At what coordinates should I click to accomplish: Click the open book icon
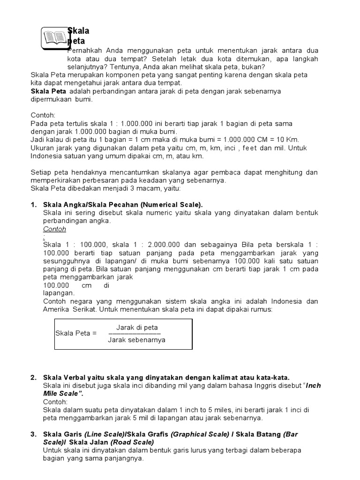coord(55,37)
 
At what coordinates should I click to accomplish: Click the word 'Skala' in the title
coord(79,31)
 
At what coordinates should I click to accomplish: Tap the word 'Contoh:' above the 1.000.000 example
coord(43,114)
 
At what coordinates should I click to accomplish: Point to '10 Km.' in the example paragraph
coord(289,139)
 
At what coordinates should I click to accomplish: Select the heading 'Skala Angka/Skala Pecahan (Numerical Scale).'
coord(123,205)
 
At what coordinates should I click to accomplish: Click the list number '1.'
coord(33,205)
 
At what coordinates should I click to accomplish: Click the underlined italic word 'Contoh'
coord(55,229)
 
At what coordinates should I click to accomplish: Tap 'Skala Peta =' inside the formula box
coord(76,333)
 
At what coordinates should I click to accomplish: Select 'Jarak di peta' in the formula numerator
coord(137,327)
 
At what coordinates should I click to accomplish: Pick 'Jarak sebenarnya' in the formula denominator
coord(136,340)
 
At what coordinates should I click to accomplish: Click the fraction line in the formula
coord(137,333)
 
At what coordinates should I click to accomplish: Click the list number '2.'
coord(33,377)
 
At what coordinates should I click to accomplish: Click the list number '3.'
coord(33,435)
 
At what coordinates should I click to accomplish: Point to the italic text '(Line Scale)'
coord(104,435)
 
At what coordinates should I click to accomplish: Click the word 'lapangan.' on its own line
coord(59,293)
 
